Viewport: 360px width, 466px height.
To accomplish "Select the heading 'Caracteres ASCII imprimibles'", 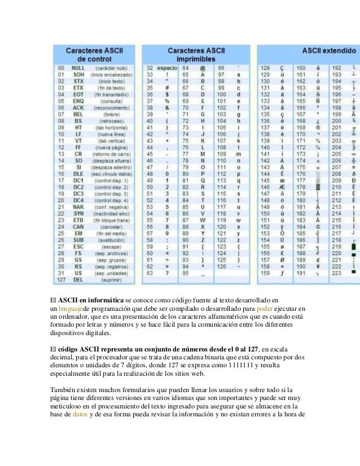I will click(200, 54).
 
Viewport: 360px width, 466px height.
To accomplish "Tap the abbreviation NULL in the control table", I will click(78, 68).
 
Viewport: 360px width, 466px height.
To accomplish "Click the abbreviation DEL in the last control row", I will click(78, 279).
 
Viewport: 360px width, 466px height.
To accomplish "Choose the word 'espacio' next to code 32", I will click(168, 68).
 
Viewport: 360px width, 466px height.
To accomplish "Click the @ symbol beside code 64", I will click(202, 68).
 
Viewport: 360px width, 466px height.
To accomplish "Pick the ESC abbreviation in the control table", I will click(78, 246).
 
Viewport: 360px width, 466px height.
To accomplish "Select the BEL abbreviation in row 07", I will click(78, 113).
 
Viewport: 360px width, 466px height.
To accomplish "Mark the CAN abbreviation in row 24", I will click(78, 226).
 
